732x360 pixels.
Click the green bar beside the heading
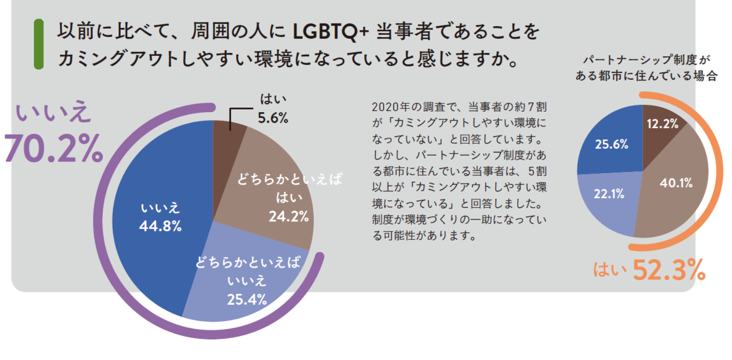39,44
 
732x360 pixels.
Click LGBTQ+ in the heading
328,32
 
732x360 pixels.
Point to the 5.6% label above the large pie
273,118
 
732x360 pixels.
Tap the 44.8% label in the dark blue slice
161,226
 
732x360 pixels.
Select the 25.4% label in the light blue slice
247,299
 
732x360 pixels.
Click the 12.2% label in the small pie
663,124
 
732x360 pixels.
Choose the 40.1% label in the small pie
676,183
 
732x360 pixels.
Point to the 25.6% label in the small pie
611,145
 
